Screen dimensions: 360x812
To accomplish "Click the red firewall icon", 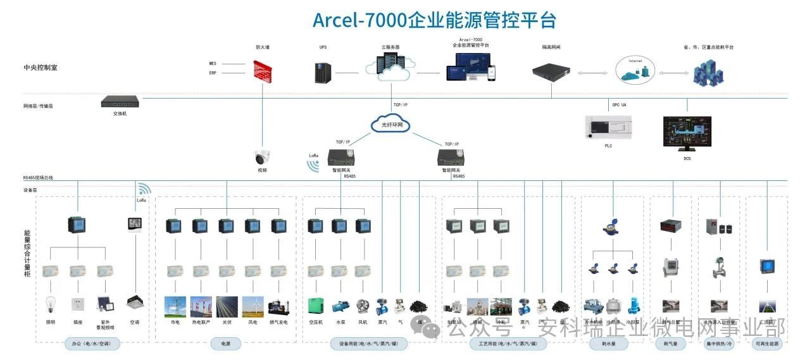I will pos(263,70).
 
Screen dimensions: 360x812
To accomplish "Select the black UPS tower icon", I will pos(323,72).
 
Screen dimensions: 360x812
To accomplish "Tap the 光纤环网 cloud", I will pos(392,125).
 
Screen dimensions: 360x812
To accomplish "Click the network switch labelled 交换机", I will pos(120,101).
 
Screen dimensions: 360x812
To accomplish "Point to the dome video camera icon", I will pos(262,158).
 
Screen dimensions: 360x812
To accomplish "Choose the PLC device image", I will pos(608,127).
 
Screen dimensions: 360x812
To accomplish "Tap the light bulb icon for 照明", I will pos(51,304).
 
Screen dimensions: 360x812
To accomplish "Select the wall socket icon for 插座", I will pos(78,304).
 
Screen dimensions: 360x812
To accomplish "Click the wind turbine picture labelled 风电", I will pos(253,307).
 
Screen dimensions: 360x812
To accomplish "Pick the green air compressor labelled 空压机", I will pos(316,306).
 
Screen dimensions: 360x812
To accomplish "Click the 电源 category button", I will pos(226,344).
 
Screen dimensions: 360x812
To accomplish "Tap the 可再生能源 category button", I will pos(768,344).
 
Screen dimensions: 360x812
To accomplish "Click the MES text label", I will pos(213,64).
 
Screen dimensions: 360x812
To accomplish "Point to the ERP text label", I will pos(213,73).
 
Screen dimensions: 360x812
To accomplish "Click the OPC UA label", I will pos(619,104).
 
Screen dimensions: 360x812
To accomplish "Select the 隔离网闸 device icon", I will pos(551,71).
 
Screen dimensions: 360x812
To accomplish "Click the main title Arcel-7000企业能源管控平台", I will pos(434,20).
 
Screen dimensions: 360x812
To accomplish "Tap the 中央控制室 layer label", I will pos(41,67).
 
